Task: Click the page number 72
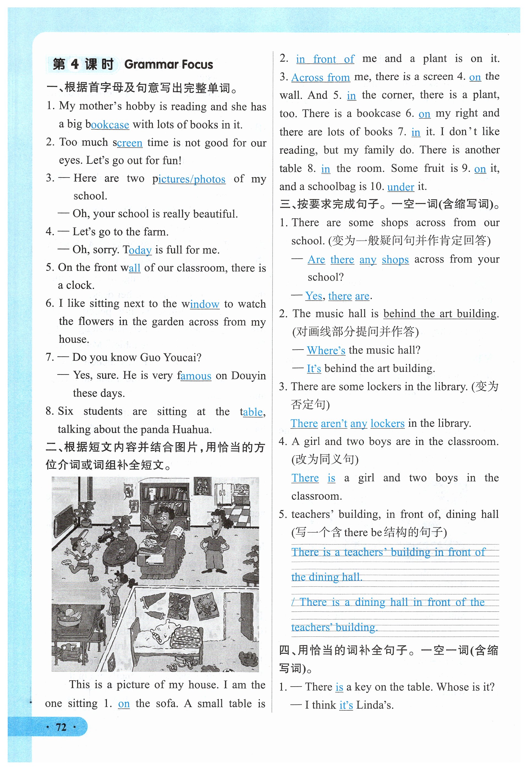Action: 61,727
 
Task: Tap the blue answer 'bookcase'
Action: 110,125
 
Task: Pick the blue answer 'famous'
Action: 196,376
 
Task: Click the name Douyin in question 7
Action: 248,376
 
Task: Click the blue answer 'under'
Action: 401,187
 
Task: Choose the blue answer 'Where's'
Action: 326,350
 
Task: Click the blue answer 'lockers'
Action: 387,423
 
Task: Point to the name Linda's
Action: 375,705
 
